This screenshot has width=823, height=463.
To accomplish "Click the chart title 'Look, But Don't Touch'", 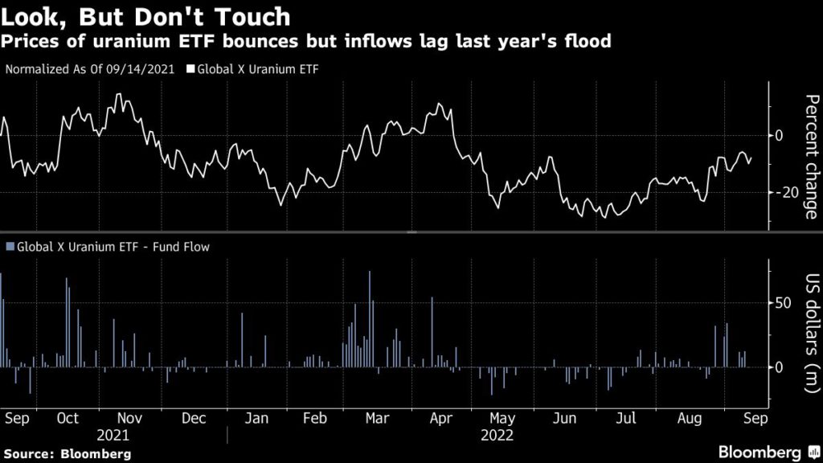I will pos(145,16).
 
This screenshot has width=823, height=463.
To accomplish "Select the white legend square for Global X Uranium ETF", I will pos(190,69).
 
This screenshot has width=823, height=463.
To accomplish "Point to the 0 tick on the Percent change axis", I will pos(778,135).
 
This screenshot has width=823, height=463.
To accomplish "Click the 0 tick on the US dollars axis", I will pos(778,367).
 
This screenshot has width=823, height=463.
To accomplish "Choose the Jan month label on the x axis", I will pos(256,419).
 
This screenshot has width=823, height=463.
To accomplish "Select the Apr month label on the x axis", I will pos(440,419).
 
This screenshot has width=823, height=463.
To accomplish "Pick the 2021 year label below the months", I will pos(113,436).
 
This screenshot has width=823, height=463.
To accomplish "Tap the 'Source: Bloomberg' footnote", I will pos(66,454).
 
